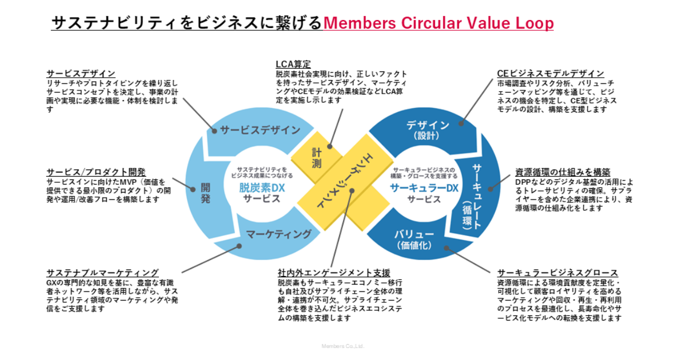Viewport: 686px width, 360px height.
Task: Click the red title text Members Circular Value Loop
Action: coord(438,23)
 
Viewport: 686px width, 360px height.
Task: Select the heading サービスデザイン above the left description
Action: coord(81,74)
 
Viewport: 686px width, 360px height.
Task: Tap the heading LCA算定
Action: coord(293,63)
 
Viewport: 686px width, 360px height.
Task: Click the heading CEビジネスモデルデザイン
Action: coord(551,74)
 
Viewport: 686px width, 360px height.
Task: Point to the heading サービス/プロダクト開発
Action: coord(96,172)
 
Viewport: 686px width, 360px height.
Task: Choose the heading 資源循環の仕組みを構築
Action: coord(563,172)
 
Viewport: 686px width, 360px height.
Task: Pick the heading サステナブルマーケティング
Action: coord(103,273)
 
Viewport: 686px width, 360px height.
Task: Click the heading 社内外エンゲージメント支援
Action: coord(334,273)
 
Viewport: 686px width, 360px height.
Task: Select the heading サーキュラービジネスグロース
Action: coord(558,273)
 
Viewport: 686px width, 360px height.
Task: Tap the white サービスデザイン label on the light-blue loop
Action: coord(260,130)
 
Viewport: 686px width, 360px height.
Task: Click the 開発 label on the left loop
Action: coord(206,193)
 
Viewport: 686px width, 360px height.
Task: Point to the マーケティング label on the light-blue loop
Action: coord(279,234)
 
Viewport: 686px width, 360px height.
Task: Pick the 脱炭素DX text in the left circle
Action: coord(262,187)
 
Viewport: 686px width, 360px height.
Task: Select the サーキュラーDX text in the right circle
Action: coord(424,187)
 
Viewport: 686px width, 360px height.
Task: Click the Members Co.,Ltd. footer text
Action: coord(343,346)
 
